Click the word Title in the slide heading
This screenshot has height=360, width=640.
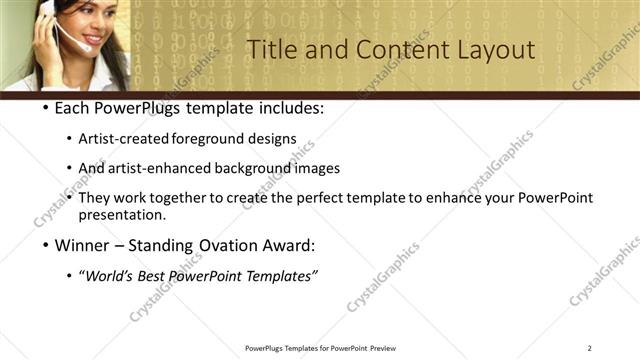270,49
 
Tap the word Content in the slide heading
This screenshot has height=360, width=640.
392,49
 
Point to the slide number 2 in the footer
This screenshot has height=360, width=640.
590,348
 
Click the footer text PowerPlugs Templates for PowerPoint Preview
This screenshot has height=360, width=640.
319,348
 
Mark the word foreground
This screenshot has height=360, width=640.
216,138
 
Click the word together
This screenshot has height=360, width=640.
179,198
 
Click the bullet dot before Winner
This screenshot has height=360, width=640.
46,244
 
